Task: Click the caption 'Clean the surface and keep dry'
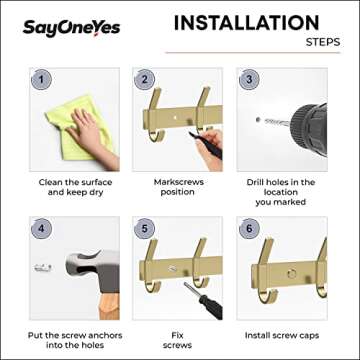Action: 76,188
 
